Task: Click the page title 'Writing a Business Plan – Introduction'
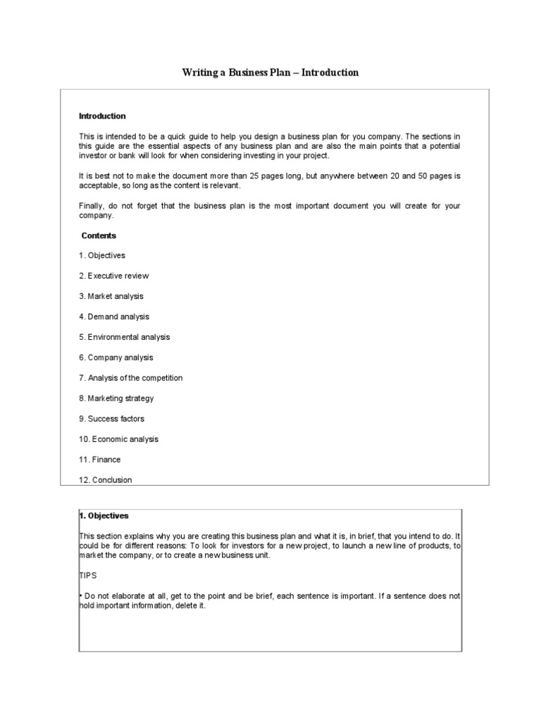270,73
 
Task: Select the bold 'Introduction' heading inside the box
102,116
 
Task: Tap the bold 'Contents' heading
99,235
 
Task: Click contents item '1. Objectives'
102,255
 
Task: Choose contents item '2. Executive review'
114,276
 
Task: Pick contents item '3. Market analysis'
111,296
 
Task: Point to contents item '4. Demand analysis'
114,317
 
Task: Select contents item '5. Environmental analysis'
125,337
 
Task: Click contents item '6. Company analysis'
116,357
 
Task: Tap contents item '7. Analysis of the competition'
131,378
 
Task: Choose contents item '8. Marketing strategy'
116,398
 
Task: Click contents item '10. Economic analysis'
119,439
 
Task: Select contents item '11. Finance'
100,460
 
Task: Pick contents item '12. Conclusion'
106,480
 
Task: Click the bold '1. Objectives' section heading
104,515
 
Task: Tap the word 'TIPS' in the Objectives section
87,575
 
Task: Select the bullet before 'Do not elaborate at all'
80,596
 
